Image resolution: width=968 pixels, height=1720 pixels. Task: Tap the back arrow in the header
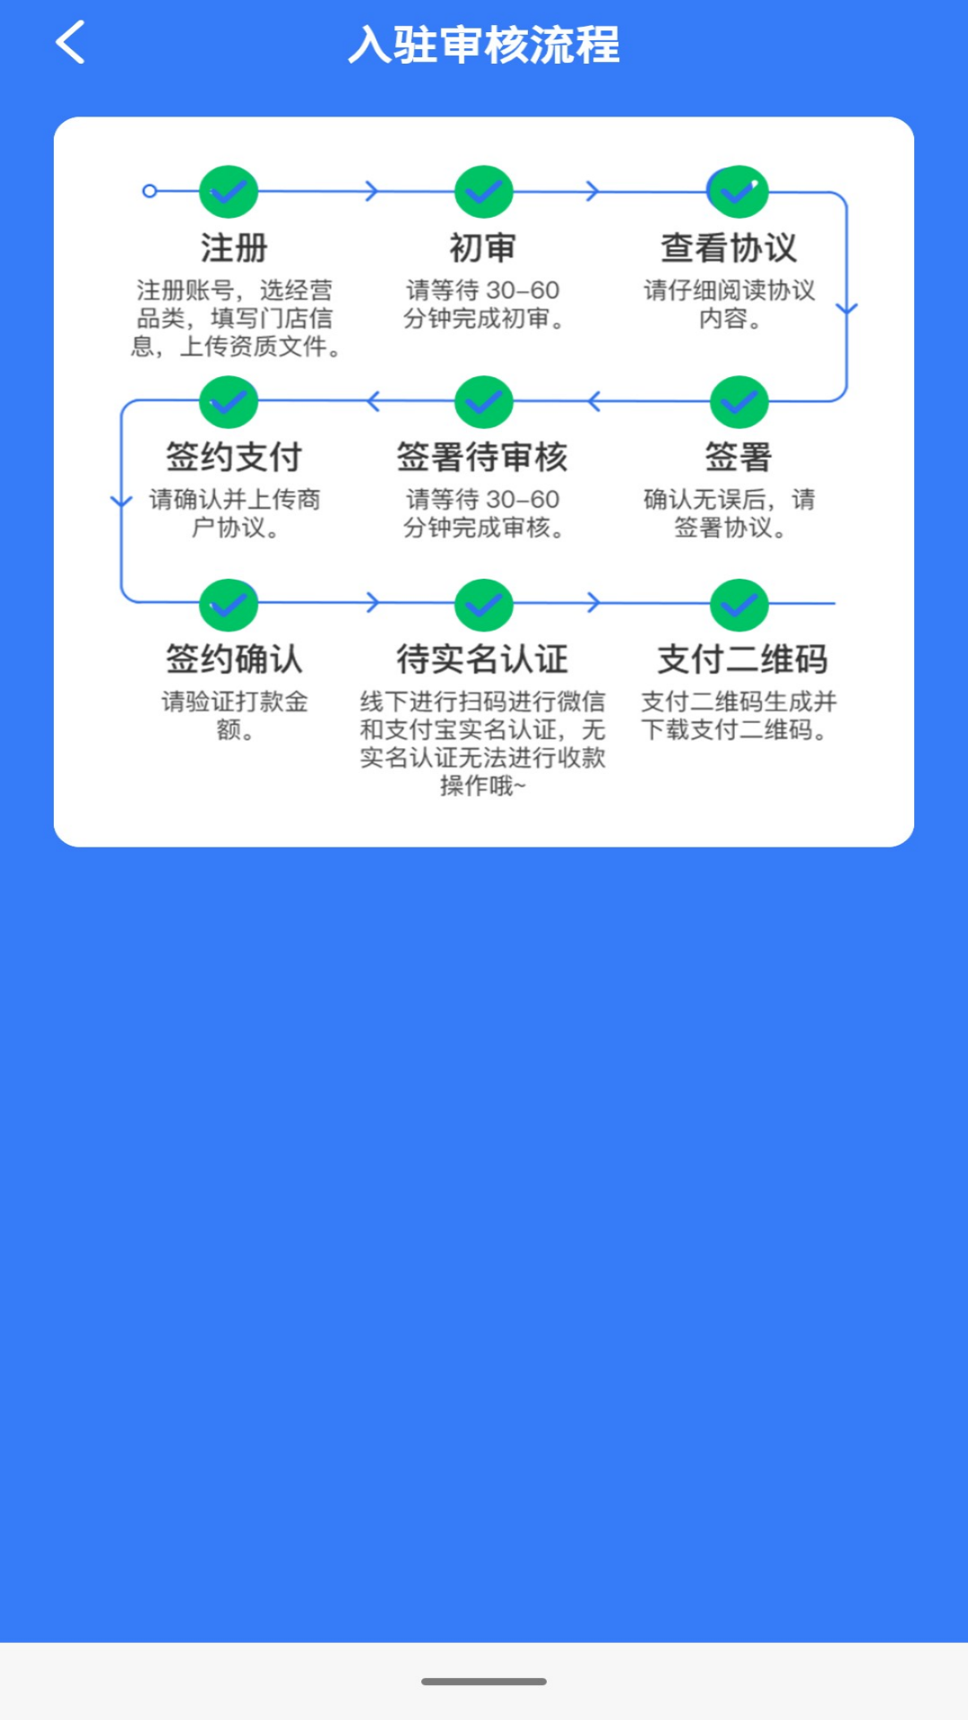[71, 43]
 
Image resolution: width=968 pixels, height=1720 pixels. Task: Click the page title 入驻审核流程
[484, 45]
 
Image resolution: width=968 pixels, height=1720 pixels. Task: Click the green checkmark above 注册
[229, 192]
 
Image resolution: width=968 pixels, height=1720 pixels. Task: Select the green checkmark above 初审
[484, 192]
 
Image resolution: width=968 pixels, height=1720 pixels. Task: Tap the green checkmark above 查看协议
[739, 192]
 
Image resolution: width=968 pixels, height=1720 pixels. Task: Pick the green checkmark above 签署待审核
[484, 402]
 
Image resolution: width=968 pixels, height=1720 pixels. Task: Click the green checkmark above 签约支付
[229, 402]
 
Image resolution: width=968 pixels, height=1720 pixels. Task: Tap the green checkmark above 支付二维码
[739, 606]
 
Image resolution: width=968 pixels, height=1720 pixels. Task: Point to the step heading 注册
[234, 248]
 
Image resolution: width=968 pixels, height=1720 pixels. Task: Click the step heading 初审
[482, 248]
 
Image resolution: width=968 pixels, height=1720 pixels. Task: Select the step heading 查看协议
[729, 248]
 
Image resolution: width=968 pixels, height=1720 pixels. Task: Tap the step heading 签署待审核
[482, 458]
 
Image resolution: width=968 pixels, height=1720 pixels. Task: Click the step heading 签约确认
[234, 659]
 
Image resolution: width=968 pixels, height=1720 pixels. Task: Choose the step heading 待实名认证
[482, 659]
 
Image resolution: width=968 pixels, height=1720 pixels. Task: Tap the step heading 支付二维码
[742, 659]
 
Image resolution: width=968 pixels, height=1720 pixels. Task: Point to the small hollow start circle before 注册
[150, 191]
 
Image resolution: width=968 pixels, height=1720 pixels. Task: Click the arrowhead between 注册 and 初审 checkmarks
[372, 191]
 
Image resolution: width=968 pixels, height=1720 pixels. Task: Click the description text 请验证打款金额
[235, 715]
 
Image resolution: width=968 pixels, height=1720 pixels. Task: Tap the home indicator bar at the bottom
[484, 1681]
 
